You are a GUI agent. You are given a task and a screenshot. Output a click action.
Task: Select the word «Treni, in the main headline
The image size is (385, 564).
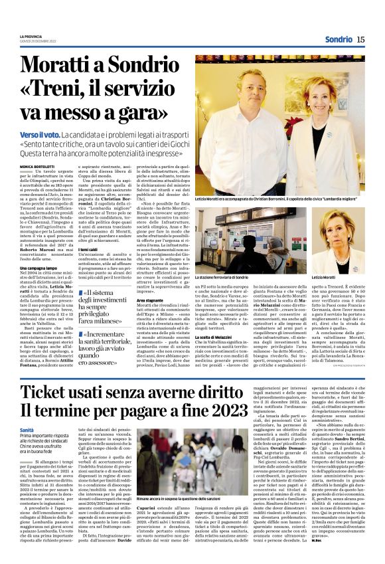[54, 90]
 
